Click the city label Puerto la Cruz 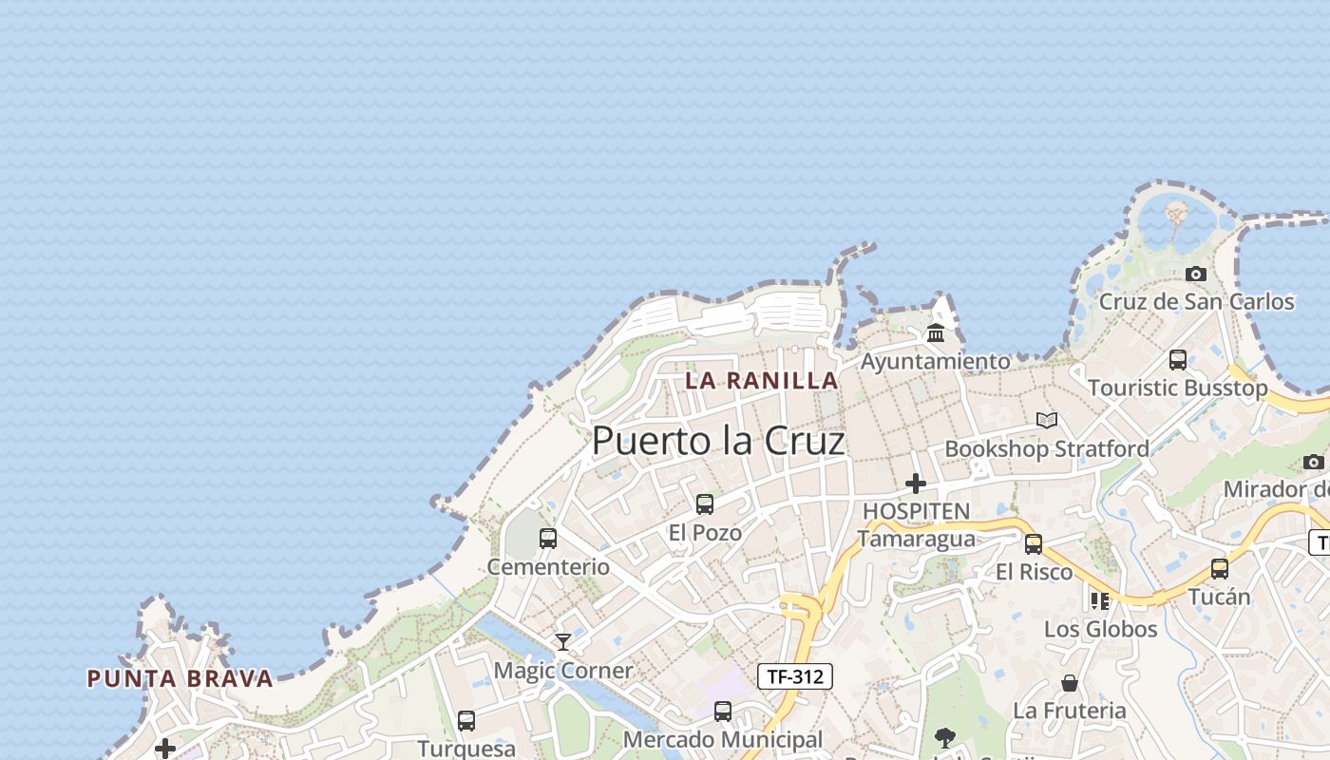click(718, 441)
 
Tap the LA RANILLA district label click(761, 381)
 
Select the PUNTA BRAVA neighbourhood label click(180, 678)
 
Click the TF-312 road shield click(795, 676)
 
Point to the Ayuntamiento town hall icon click(936, 332)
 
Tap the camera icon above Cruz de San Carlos click(1196, 274)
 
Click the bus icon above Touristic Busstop click(1178, 359)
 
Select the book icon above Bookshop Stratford click(1047, 420)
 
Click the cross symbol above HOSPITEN click(916, 484)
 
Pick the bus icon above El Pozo click(705, 503)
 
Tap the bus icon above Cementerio click(548, 538)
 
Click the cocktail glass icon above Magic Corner click(563, 642)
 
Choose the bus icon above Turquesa click(466, 720)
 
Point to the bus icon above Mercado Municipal click(723, 711)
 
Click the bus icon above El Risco click(1034, 543)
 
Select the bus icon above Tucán click(1220, 568)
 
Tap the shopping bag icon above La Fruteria click(1070, 682)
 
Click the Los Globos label click(1100, 629)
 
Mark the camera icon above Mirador click(1314, 462)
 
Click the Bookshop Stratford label click(1047, 448)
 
